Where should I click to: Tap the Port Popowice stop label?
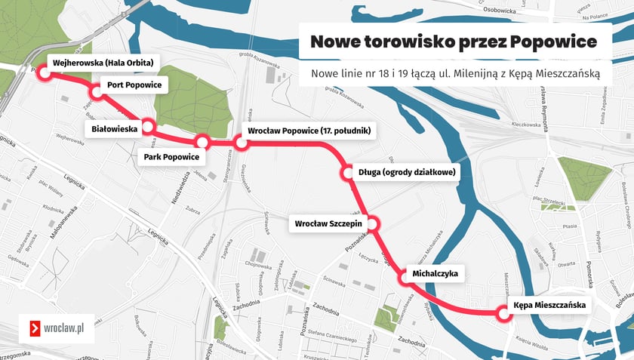click(134, 85)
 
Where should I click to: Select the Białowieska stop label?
click(114, 129)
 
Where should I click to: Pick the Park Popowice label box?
click(171, 157)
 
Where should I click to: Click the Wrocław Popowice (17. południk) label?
click(308, 131)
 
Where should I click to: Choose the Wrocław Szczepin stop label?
click(328, 223)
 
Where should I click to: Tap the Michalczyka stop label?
click(435, 272)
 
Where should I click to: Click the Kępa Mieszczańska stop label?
click(549, 305)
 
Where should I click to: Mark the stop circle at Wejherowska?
click(45, 73)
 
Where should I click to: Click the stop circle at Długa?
click(347, 173)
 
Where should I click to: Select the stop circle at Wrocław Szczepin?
click(372, 223)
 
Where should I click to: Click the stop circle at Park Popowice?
click(202, 141)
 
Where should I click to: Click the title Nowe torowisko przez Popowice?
click(454, 41)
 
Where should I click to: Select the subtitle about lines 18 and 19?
click(454, 73)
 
